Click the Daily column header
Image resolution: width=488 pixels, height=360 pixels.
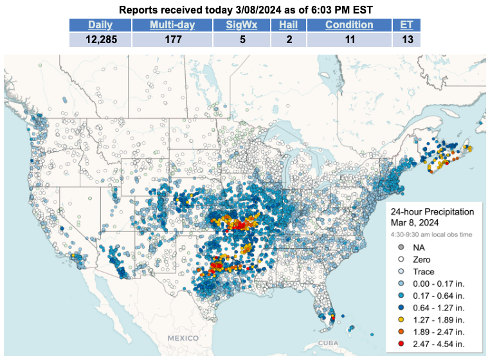coord(100,25)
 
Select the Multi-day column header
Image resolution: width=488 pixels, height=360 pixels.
coord(165,25)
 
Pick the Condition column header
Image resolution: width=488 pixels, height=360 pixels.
coord(349,25)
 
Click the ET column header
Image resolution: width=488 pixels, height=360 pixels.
coord(406,25)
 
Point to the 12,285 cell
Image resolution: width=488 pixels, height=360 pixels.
coord(100,39)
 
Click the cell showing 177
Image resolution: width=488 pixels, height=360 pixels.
coord(165,39)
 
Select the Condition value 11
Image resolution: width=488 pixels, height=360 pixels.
coord(349,39)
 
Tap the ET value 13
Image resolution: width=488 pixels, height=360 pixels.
coord(406,39)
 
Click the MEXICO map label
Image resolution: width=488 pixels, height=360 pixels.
coord(183,337)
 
